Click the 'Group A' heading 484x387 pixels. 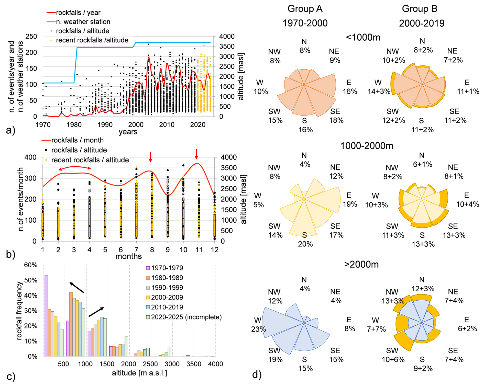pyautogui.click(x=305, y=9)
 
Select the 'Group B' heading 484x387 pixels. pyautogui.click(x=420, y=9)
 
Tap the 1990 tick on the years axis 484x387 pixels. pyautogui.click(x=105, y=125)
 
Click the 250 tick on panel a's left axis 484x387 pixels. pyautogui.click(x=31, y=37)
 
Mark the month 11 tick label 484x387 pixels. pyautogui.click(x=199, y=250)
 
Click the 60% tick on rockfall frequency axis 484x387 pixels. pyautogui.click(x=31, y=265)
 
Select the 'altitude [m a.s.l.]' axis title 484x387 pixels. pyautogui.click(x=139, y=373)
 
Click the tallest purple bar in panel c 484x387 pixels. pyautogui.click(x=46, y=315)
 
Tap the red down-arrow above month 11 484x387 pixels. pyautogui.click(x=196, y=154)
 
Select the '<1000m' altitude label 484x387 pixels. pyautogui.click(x=363, y=37)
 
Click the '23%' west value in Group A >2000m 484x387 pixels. pyautogui.click(x=258, y=329)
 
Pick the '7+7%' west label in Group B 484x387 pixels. pyautogui.click(x=376, y=329)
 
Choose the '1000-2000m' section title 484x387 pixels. pyautogui.click(x=367, y=146)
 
